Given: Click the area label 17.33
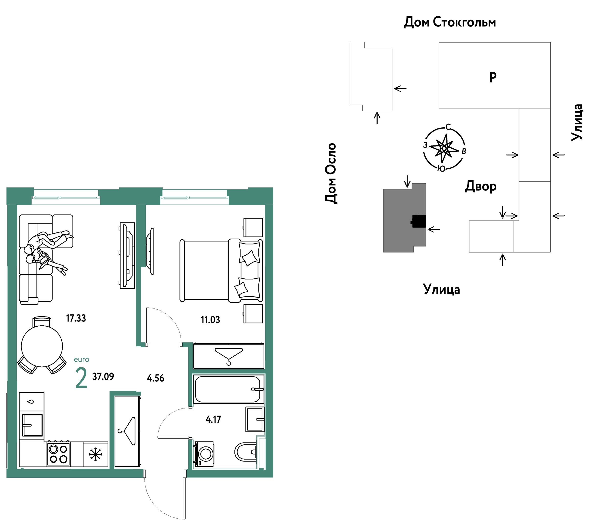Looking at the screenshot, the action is (x=76, y=318).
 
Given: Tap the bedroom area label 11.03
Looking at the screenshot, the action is (x=210, y=320).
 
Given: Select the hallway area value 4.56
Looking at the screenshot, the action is (x=156, y=378).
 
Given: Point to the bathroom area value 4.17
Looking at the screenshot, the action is (x=213, y=419).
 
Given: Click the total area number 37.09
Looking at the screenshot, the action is (x=103, y=376).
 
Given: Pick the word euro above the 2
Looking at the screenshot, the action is (x=81, y=360).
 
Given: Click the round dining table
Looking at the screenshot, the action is (x=42, y=346).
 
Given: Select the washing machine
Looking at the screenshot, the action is (x=203, y=454).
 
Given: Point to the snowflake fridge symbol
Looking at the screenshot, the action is (x=95, y=454).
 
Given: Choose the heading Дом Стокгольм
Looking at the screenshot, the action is (x=450, y=22).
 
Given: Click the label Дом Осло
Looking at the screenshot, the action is (x=331, y=173).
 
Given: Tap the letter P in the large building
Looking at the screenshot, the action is (x=493, y=77).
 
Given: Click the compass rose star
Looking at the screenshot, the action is (x=444, y=149).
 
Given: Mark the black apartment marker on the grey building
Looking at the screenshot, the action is (x=419, y=221).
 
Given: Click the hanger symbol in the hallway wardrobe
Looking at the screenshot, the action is (x=127, y=431).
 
